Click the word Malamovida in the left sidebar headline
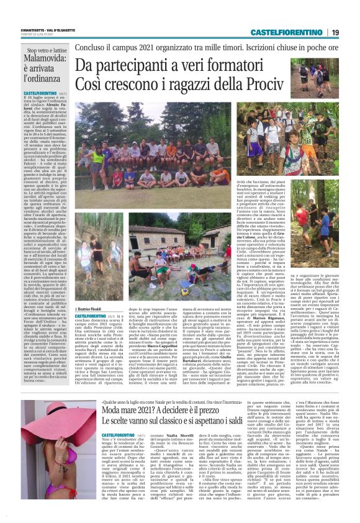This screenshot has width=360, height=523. click(x=43, y=66)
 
